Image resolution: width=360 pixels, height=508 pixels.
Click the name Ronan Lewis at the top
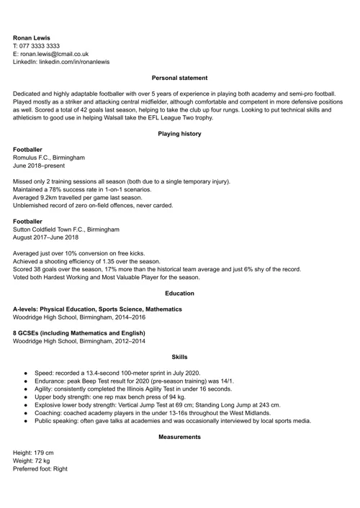tap(32, 37)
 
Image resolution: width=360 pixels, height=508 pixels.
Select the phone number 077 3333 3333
tap(46, 45)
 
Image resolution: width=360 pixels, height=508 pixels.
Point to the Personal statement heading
tap(180, 78)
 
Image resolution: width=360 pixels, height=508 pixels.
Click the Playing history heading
tap(180, 133)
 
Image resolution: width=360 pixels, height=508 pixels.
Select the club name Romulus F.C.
tap(34, 157)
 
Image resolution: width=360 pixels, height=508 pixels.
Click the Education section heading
tap(180, 293)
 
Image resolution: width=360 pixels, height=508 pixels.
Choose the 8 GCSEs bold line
tap(79, 333)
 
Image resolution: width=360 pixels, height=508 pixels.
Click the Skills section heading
tap(180, 357)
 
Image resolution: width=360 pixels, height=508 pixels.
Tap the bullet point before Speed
tap(26, 373)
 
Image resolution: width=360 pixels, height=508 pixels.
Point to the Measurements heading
tap(180, 437)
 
